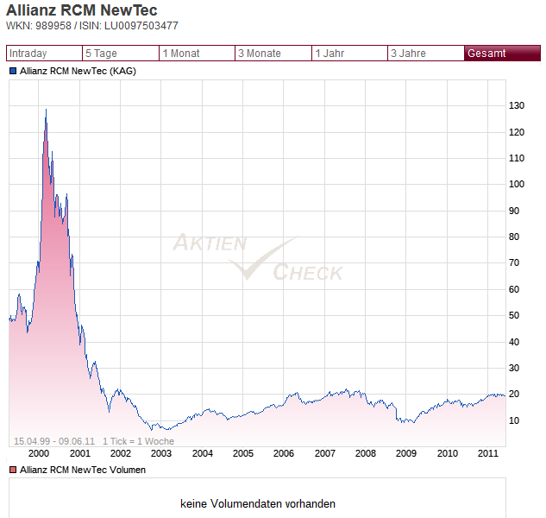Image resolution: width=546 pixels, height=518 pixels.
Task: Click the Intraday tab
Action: click(43, 54)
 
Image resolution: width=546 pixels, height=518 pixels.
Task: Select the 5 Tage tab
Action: click(119, 54)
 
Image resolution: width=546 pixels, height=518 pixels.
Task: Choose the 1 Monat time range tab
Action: click(197, 54)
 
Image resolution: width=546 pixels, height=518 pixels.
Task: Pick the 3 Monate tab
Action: click(273, 54)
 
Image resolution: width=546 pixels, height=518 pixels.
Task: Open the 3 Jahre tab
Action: click(425, 54)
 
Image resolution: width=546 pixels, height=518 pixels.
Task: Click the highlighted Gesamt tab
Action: click(496, 54)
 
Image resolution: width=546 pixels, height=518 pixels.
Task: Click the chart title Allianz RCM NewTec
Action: click(82, 11)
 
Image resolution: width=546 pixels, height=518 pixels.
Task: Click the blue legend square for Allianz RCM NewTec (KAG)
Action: click(13, 71)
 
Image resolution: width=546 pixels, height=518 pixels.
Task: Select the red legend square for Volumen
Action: click(13, 470)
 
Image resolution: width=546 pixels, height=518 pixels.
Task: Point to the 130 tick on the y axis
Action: click(517, 105)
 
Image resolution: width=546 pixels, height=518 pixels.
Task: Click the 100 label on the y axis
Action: click(517, 184)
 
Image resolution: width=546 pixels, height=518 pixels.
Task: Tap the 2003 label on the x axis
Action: click(161, 453)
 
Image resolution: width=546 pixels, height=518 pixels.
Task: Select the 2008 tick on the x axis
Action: click(366, 453)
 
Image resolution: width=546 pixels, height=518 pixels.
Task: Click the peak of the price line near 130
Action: click(46, 110)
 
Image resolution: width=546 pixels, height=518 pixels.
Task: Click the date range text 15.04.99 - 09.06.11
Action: click(54, 441)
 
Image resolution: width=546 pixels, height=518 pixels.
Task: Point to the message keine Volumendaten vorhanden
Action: click(258, 503)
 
